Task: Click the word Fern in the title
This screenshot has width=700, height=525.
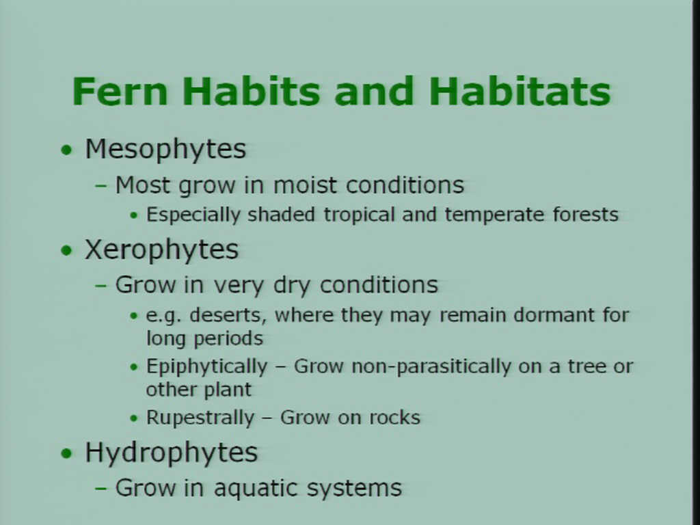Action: [120, 91]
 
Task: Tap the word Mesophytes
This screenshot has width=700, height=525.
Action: [165, 149]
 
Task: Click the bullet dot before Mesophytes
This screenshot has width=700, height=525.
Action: [66, 150]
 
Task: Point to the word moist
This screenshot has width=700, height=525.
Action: [305, 185]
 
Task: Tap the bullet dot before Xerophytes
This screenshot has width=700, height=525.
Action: [66, 250]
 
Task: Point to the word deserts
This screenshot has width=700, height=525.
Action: [228, 315]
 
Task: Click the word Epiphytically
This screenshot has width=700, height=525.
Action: [206, 367]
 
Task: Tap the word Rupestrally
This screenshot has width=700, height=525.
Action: [200, 418]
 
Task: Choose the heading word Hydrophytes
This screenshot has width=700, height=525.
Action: [172, 453]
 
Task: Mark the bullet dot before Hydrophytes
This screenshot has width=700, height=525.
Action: [66, 454]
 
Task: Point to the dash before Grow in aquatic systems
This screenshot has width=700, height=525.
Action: [101, 488]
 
